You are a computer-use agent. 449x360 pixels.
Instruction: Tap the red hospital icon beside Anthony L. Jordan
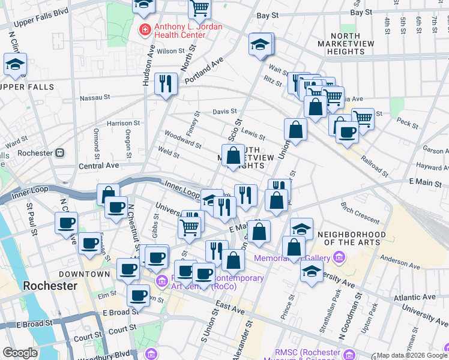(145, 29)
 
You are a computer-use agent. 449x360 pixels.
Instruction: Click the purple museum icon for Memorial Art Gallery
(339, 259)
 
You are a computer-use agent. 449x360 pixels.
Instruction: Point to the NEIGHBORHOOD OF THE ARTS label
(351, 238)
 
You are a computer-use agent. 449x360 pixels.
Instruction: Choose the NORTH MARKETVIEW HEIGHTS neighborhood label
(345, 44)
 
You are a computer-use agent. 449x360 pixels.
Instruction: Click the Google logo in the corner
(20, 353)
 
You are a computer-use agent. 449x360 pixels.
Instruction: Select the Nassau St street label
(95, 96)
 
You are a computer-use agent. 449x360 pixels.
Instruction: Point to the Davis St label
(225, 112)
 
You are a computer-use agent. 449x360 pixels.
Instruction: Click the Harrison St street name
(122, 123)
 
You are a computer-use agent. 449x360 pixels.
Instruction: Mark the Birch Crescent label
(360, 212)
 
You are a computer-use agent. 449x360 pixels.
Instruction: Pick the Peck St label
(407, 124)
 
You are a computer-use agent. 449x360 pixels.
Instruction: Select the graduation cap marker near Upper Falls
(15, 65)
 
